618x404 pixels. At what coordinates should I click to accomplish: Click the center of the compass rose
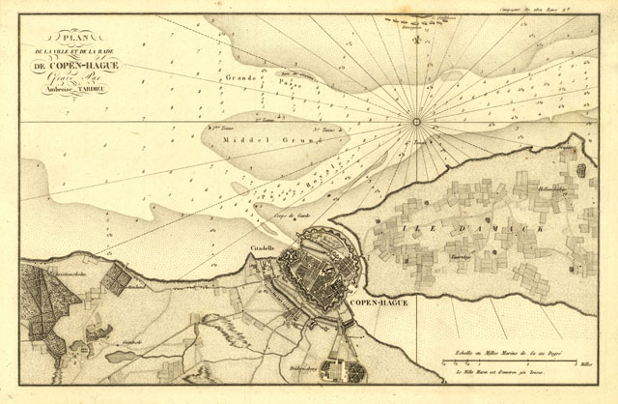coord(418,122)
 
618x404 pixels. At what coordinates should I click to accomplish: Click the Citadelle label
coord(263,248)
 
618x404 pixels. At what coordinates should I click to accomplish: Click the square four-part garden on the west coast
coord(116,280)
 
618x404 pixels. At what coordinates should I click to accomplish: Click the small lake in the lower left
coord(122,356)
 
